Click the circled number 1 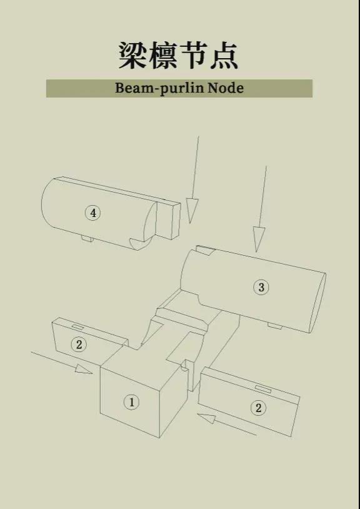pos(131,402)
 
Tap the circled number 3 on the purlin pos(261,287)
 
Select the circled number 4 pos(93,213)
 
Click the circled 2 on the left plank pos(79,345)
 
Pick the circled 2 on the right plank pos(258,408)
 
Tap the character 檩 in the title pos(162,55)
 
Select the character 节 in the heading pos(193,55)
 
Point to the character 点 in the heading pos(224,55)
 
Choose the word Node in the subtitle pos(226,88)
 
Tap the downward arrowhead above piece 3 pos(259,239)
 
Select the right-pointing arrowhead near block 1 pos(83,369)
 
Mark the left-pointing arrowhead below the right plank pos(206,418)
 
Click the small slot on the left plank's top pos(77,326)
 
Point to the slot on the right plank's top pos(262,389)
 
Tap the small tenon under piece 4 pos(87,239)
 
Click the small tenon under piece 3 pos(274,325)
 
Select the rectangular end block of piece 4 pos(168,221)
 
